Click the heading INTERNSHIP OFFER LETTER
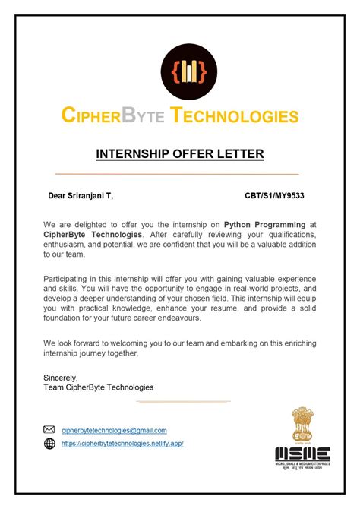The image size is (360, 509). (180, 154)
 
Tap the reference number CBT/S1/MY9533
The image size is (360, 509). (275, 196)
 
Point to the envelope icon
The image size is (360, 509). (49, 430)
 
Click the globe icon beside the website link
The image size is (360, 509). (49, 443)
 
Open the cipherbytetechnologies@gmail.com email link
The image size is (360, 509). (114, 430)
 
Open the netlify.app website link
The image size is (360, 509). (122, 443)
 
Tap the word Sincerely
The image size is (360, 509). (62, 377)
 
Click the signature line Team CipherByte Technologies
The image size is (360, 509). (99, 387)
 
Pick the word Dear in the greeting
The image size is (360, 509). (58, 196)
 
